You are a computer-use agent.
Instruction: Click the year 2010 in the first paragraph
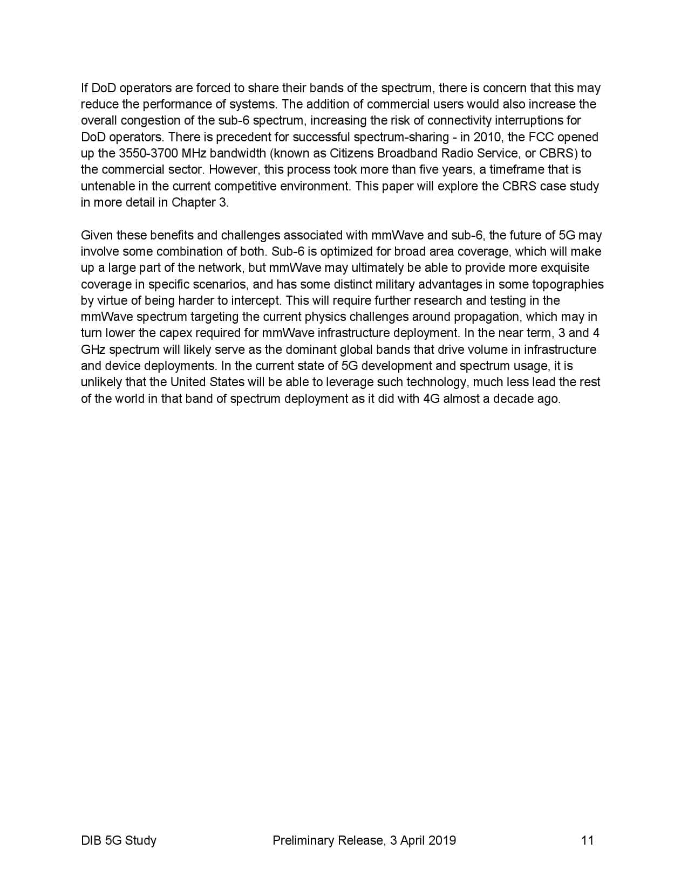[487, 137]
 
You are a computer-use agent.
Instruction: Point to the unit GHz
[93, 350]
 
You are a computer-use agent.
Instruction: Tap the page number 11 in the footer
[587, 840]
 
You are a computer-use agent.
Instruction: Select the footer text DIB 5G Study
[118, 840]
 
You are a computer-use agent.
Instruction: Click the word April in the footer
[412, 840]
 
